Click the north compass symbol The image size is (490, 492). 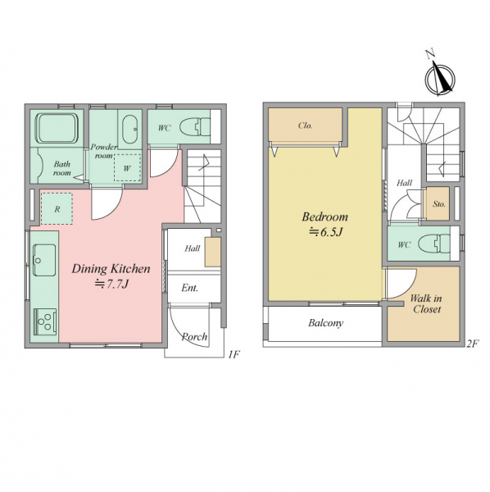pyautogui.click(x=439, y=78)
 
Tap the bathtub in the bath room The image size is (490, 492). pyautogui.click(x=57, y=128)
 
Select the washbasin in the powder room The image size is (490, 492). pyautogui.click(x=130, y=129)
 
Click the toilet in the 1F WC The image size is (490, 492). pyautogui.click(x=195, y=127)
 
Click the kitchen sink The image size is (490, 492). pyautogui.click(x=44, y=260)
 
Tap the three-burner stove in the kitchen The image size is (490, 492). pyautogui.click(x=45, y=321)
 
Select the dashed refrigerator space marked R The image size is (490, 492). pyautogui.click(x=57, y=208)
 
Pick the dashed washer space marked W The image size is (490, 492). pyautogui.click(x=127, y=168)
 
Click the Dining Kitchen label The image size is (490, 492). pyautogui.click(x=111, y=269)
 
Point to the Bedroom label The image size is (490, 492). pyautogui.click(x=324, y=216)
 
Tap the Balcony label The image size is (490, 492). pyautogui.click(x=325, y=323)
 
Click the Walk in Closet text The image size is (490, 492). pyautogui.click(x=426, y=303)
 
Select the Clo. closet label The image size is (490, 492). pyautogui.click(x=305, y=125)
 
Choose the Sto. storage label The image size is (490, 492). pyautogui.click(x=439, y=204)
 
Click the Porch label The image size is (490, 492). pyautogui.click(x=194, y=337)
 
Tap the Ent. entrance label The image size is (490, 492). pyautogui.click(x=189, y=288)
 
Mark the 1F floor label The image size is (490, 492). pyautogui.click(x=234, y=355)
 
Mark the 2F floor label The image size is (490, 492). pyautogui.click(x=473, y=344)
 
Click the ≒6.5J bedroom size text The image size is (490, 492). pyautogui.click(x=325, y=232)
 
